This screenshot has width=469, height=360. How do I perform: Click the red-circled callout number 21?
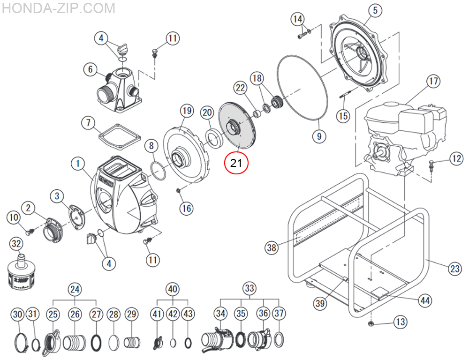tap(235, 163)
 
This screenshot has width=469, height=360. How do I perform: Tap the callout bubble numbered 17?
tap(433, 81)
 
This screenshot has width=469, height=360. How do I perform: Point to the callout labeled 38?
tap(272, 247)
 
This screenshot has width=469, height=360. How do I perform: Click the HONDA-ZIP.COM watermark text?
tap(58, 8)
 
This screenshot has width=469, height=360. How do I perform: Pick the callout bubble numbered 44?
tap(424, 300)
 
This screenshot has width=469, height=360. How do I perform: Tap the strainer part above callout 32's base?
tap(20, 271)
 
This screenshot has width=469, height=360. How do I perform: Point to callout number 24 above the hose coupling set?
tap(75, 289)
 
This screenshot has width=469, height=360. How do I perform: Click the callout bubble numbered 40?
tap(173, 289)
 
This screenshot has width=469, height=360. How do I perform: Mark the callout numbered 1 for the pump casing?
tap(78, 164)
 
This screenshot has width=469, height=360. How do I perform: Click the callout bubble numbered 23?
tap(454, 269)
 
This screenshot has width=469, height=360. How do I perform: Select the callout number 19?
tap(187, 111)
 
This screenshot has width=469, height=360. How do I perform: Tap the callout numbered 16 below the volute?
tap(187, 208)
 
